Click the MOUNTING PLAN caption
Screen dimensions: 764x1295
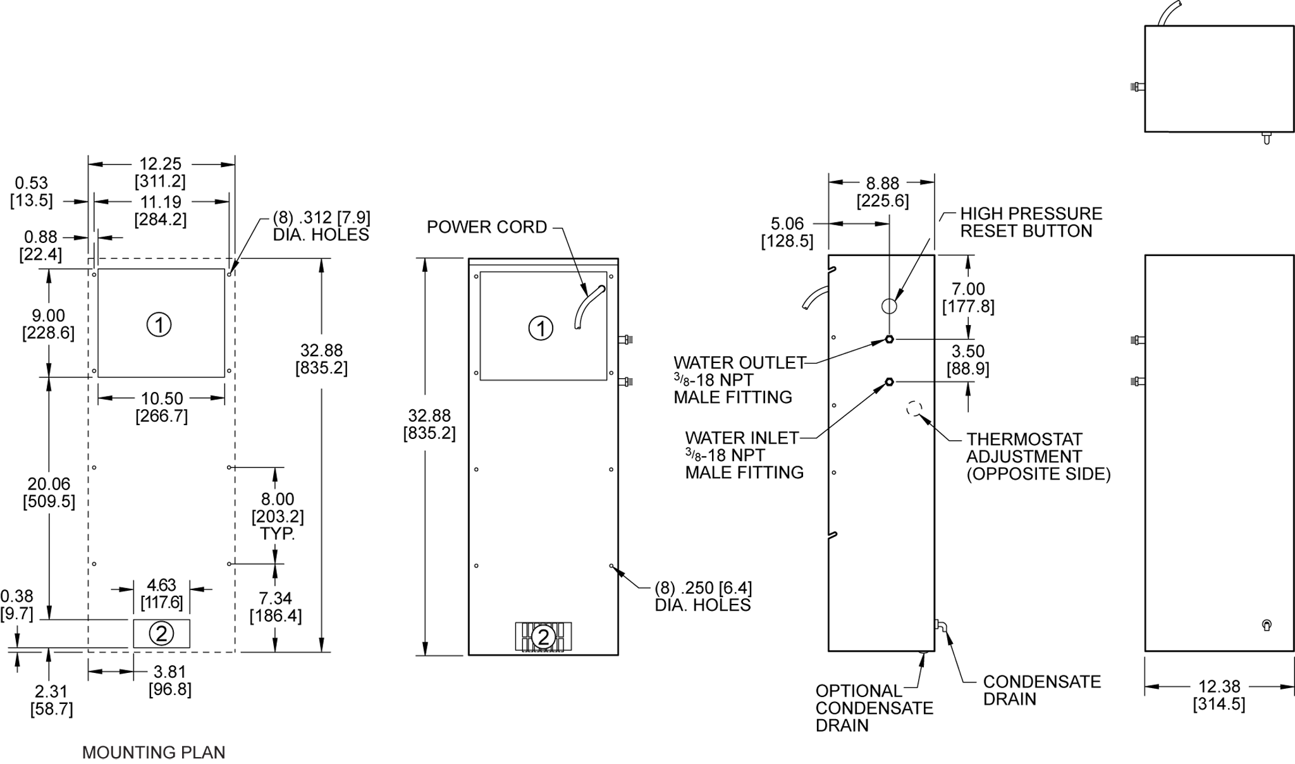[154, 752]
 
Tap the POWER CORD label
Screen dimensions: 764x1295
[486, 227]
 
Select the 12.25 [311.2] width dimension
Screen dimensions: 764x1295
[161, 173]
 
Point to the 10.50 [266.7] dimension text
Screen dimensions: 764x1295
[162, 407]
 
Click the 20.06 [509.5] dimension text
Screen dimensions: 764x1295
[49, 493]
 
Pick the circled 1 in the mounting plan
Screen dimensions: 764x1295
[159, 325]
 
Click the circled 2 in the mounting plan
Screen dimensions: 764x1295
[161, 634]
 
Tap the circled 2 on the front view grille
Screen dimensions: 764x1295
[543, 637]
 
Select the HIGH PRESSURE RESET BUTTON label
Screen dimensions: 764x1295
[1031, 223]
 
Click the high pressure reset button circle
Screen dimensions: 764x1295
[889, 306]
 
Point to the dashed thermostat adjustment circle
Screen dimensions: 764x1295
[914, 409]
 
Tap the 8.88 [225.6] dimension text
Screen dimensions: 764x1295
[883, 192]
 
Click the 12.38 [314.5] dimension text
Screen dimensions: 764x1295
[1219, 695]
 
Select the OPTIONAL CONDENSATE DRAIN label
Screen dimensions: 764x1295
[874, 708]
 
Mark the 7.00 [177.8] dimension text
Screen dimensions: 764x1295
[968, 298]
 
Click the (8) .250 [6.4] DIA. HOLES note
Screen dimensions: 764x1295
[703, 596]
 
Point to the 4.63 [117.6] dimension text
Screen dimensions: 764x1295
[162, 594]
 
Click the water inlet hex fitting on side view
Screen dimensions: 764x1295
[889, 381]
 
